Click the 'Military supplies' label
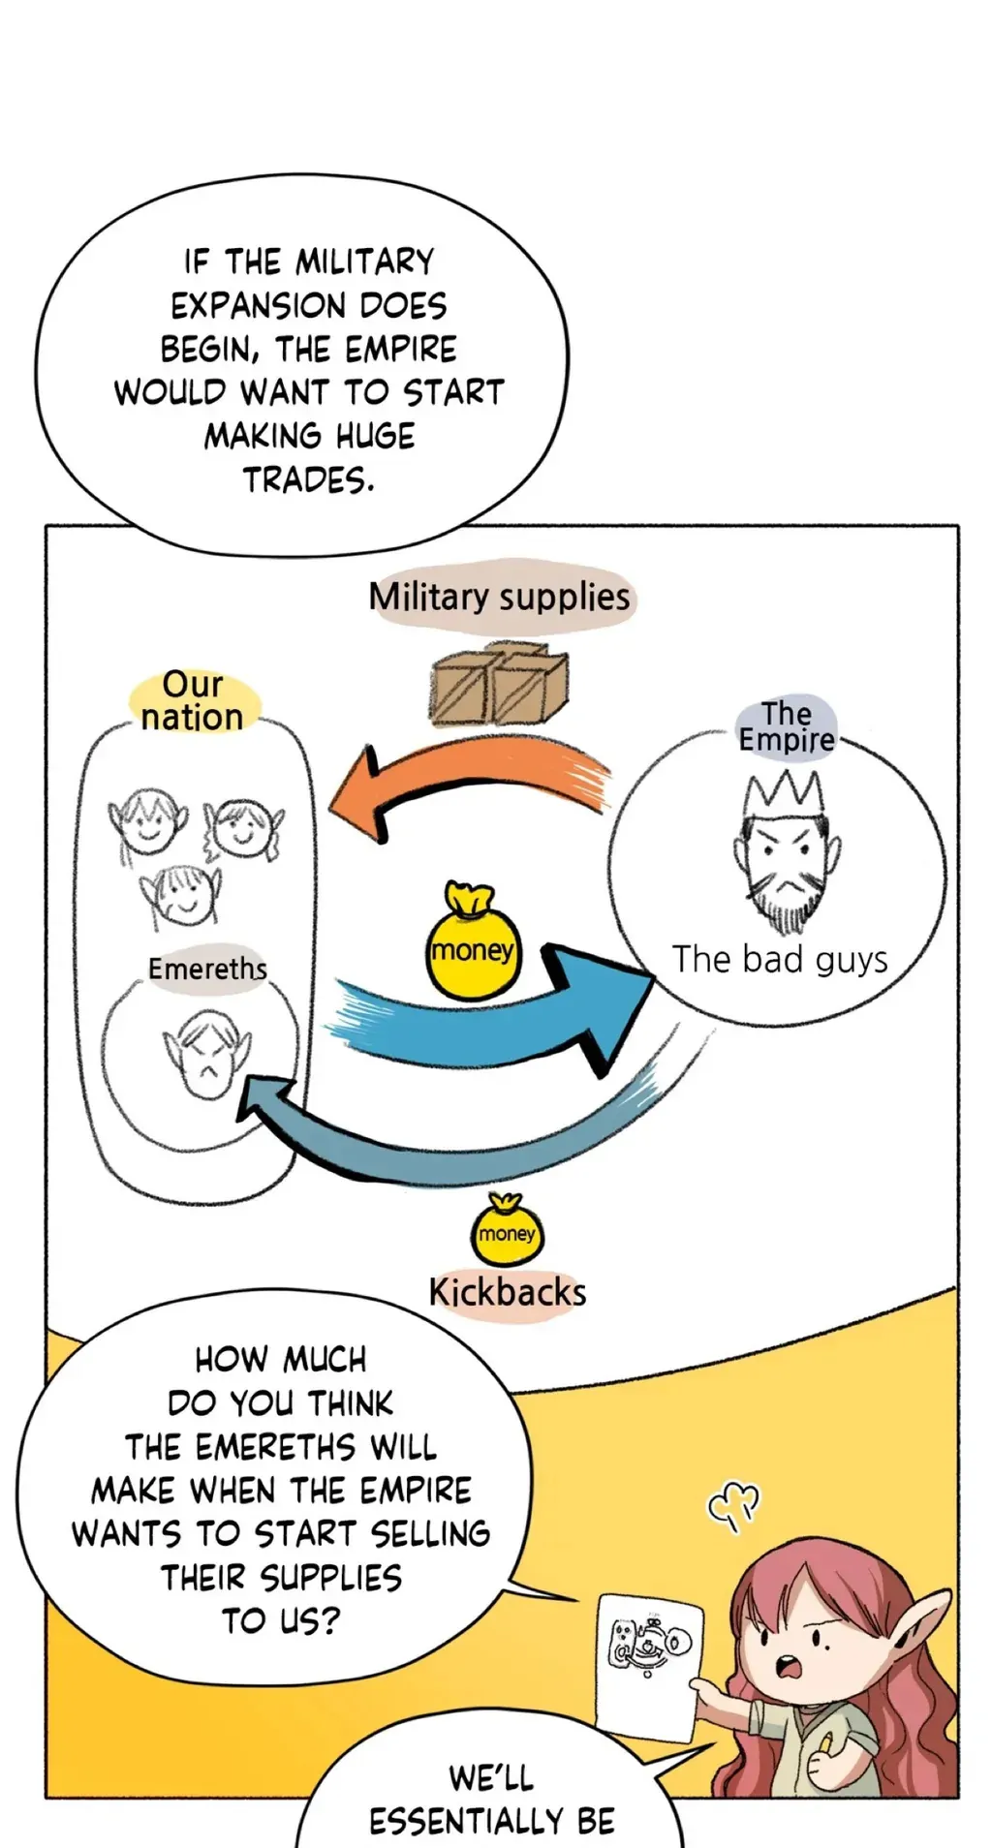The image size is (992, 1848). (x=500, y=597)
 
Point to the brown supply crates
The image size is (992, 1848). (x=498, y=684)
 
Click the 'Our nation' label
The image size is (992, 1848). (x=193, y=700)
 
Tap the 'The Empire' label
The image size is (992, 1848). (x=786, y=726)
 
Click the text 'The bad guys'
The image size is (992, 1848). (x=780, y=959)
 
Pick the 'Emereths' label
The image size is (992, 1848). (x=207, y=968)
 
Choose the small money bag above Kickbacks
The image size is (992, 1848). (x=507, y=1230)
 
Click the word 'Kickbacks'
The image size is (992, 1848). (x=508, y=1292)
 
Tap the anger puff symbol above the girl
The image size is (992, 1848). (x=733, y=1504)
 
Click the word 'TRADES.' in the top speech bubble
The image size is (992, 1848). (x=308, y=479)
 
